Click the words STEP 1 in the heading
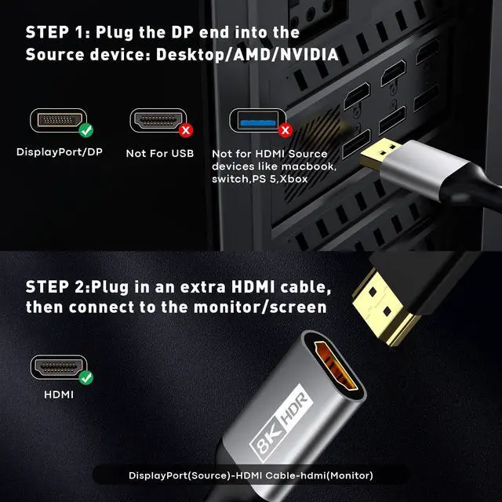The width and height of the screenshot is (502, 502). tap(56, 33)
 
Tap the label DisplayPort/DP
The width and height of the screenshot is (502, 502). tap(60, 152)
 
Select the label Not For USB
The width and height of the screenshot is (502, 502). tap(159, 153)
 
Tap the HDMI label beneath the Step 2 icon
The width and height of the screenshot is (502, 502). tap(59, 395)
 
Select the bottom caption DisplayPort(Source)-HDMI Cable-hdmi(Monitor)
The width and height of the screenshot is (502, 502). tap(251, 475)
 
